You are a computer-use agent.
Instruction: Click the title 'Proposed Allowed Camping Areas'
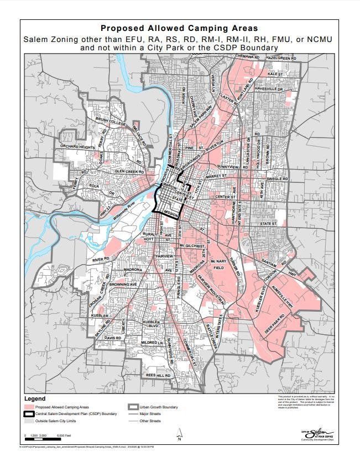pos(180,28)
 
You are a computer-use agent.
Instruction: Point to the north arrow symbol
pos(179,434)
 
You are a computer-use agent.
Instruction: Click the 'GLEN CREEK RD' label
pos(129,171)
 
